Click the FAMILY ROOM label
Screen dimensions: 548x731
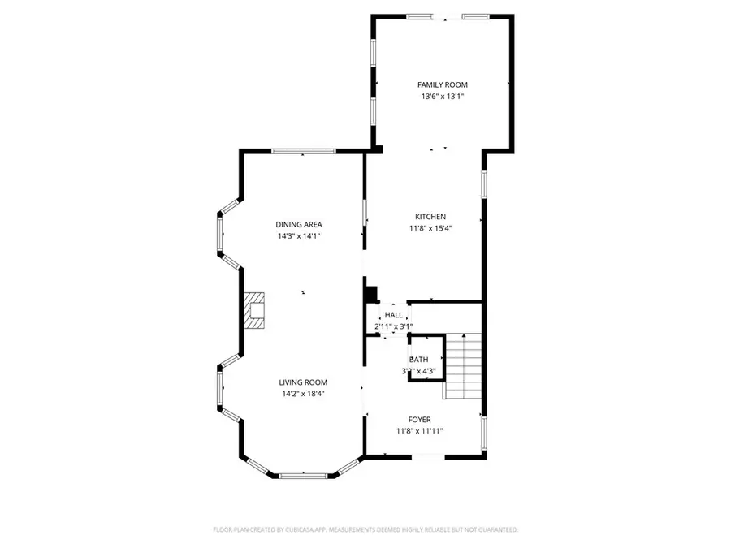coord(442,84)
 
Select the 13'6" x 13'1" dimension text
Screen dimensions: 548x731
coord(442,97)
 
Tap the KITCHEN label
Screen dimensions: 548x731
coord(430,217)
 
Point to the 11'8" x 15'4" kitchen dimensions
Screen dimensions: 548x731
coord(430,229)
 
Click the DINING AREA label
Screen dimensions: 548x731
coord(299,224)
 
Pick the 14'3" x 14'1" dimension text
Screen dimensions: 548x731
coord(299,236)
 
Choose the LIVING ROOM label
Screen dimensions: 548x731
coord(303,382)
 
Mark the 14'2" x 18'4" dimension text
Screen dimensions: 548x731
coord(303,395)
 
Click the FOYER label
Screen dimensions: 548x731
coord(419,419)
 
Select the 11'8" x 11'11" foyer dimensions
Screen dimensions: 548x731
coord(419,431)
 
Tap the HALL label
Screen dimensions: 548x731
coord(393,315)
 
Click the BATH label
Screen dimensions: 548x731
coord(418,359)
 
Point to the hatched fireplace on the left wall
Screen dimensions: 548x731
coord(255,311)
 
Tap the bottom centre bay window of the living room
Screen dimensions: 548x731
coord(303,474)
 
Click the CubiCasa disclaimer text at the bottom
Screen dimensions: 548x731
coord(365,529)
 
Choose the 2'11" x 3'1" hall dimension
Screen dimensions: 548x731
coord(393,326)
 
